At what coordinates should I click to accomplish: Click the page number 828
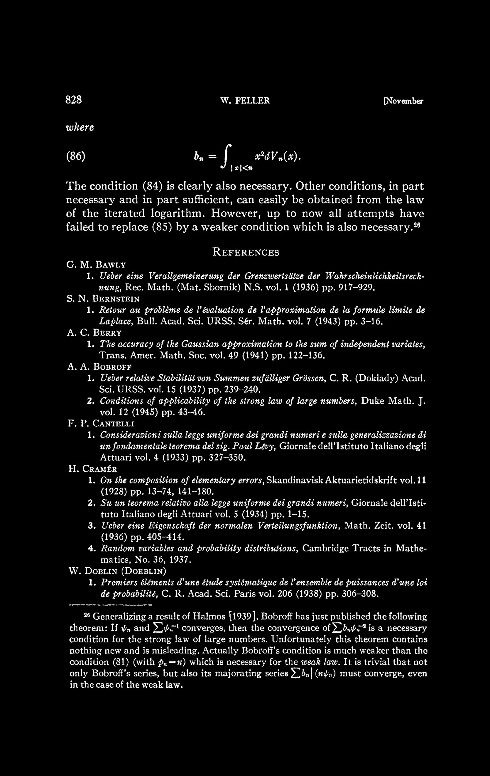pos(74,100)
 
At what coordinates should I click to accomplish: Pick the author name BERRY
pos(107,332)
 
